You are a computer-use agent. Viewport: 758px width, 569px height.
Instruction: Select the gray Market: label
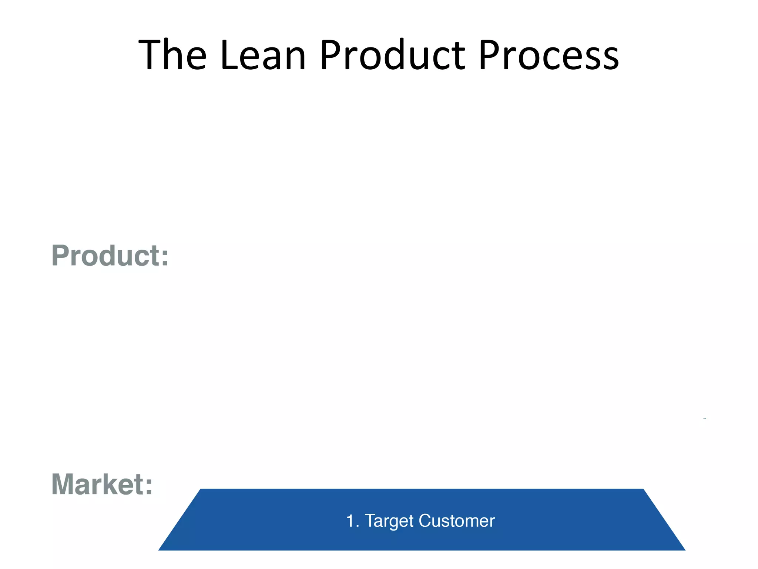point(102,484)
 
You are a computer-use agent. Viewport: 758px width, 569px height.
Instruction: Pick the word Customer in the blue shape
point(457,521)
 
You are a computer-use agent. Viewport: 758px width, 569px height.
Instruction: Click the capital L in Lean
point(227,55)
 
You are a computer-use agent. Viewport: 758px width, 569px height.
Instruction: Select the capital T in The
point(150,55)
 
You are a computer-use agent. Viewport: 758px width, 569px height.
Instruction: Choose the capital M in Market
point(64,484)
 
